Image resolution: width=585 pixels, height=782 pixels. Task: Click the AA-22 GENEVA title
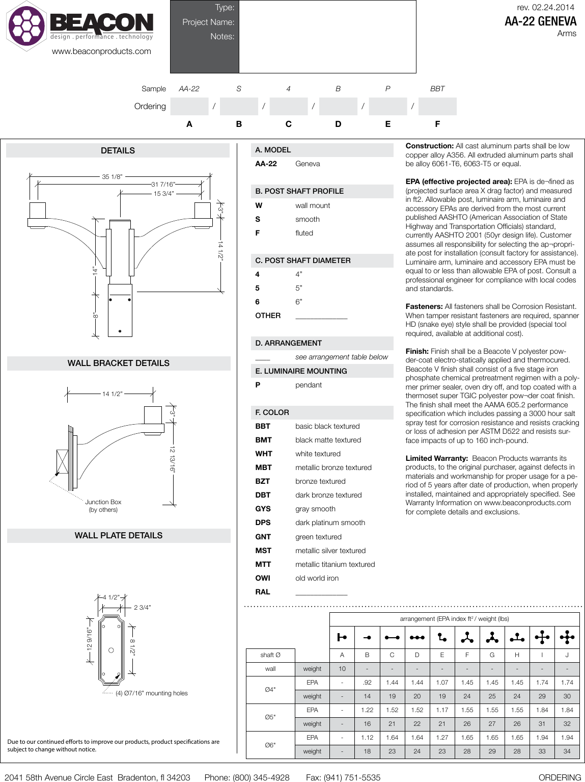pos(540,21)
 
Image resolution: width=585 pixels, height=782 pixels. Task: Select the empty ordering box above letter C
pos(288,107)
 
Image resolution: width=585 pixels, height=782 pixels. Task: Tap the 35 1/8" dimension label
pos(112,177)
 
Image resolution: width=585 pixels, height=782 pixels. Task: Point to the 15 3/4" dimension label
pos(164,193)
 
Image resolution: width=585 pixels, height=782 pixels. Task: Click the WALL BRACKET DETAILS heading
pos(118,363)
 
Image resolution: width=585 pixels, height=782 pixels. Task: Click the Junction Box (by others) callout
pos(103,506)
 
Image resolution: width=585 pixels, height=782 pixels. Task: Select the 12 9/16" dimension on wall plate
pos(90,639)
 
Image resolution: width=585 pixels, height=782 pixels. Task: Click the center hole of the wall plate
pos(111,650)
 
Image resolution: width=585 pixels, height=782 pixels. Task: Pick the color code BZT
pos(263,481)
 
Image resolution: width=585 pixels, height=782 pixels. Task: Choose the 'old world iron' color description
pos(317,578)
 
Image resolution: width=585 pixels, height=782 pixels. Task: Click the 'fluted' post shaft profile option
pos(304,233)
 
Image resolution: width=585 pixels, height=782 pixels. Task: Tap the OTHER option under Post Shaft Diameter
pos(268,316)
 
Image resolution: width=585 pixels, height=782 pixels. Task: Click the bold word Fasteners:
pos(424,306)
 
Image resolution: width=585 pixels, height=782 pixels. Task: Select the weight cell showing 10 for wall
pos(342,669)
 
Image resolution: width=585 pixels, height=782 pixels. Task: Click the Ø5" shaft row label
pos(270,717)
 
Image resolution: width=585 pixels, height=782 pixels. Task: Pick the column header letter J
pos(567,655)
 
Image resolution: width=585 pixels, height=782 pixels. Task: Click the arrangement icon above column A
pos(342,637)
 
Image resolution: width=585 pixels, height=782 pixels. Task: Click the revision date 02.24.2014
pos(553,7)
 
